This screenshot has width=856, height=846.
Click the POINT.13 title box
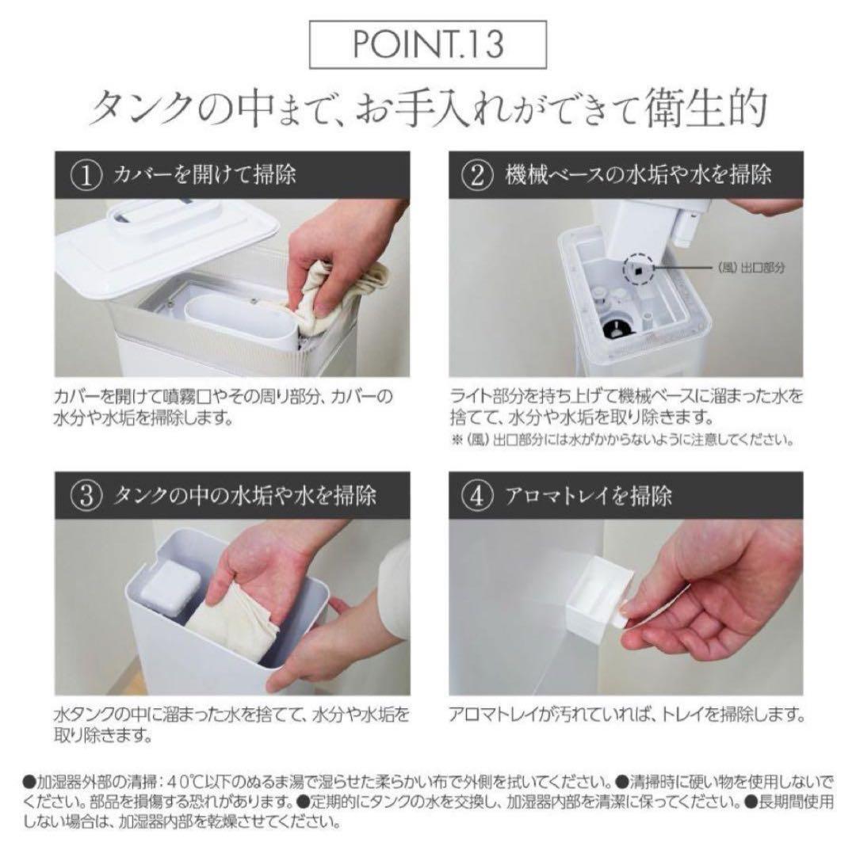click(x=428, y=45)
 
